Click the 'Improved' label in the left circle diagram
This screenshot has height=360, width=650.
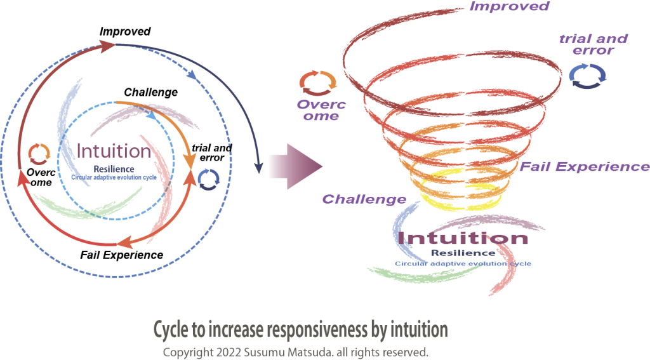(x=125, y=31)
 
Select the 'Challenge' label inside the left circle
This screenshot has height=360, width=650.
(x=150, y=93)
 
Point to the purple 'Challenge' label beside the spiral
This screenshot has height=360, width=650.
(x=364, y=199)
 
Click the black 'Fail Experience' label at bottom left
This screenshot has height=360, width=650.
(x=121, y=255)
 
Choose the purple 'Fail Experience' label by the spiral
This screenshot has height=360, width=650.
(x=585, y=167)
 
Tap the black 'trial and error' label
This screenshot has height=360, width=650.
(x=211, y=152)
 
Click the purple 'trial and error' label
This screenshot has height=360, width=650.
(x=593, y=44)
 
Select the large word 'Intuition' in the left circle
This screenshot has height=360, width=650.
(x=114, y=151)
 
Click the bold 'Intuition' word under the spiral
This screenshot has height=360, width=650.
(x=462, y=238)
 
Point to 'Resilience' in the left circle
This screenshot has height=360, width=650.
(x=114, y=169)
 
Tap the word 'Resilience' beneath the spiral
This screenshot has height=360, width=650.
(x=463, y=253)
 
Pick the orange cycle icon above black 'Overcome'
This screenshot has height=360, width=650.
(x=39, y=153)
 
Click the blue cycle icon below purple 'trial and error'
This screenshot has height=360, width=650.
(x=587, y=74)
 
